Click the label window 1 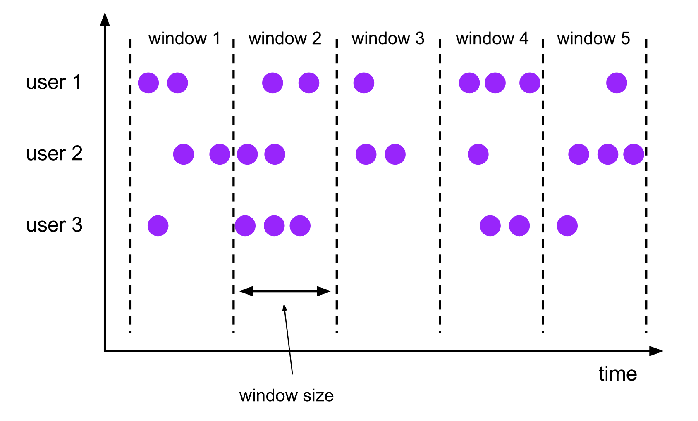184,38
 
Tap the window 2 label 285,38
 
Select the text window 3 388,38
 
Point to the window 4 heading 492,38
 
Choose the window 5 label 593,38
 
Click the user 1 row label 54,82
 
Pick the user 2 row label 54,154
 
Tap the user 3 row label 54,225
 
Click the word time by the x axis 617,374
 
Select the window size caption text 286,395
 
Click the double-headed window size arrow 285,291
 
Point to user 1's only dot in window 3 364,83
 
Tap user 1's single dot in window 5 617,83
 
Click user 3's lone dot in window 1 158,226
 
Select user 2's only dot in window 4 478,154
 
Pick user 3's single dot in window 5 567,226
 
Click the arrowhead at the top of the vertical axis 105,19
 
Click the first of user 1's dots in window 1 148,83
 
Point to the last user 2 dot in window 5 633,154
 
